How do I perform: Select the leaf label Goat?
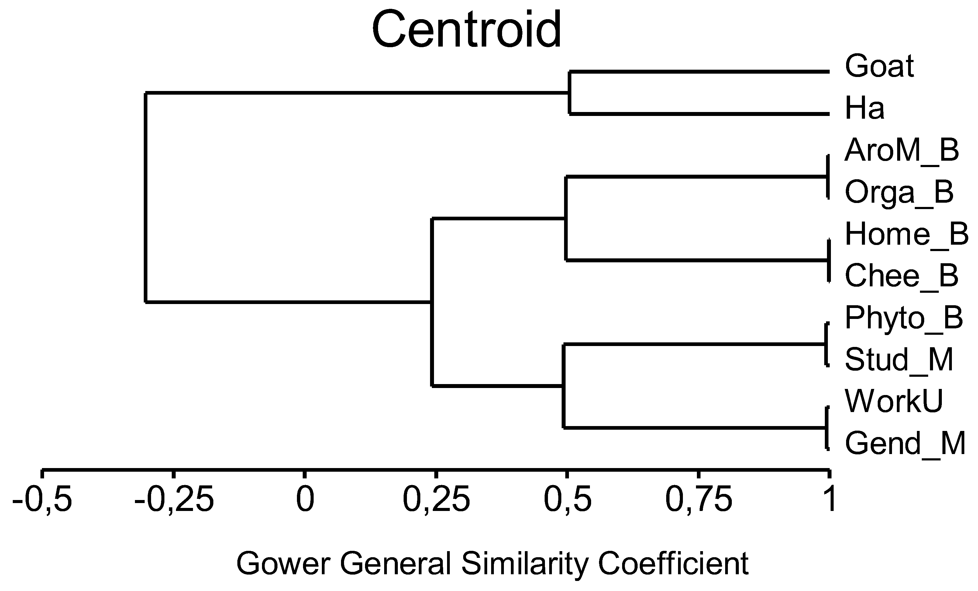tap(879, 66)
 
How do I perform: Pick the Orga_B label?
tap(899, 193)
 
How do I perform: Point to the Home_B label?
tap(907, 235)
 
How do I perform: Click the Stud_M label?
tap(899, 360)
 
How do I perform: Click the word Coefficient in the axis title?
tap(673, 564)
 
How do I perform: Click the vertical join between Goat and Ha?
tap(570, 93)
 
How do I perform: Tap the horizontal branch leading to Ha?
tap(699, 114)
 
